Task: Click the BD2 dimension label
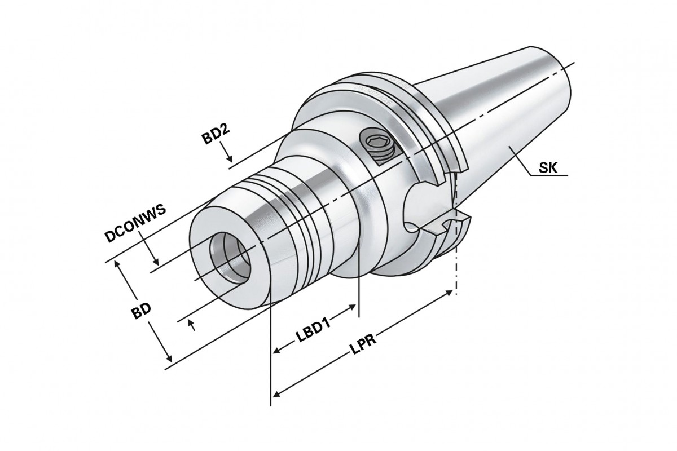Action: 216,134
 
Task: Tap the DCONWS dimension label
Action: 135,223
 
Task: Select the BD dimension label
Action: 141,311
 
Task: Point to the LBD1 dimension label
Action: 314,331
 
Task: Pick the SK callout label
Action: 548,168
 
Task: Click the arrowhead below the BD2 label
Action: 230,158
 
